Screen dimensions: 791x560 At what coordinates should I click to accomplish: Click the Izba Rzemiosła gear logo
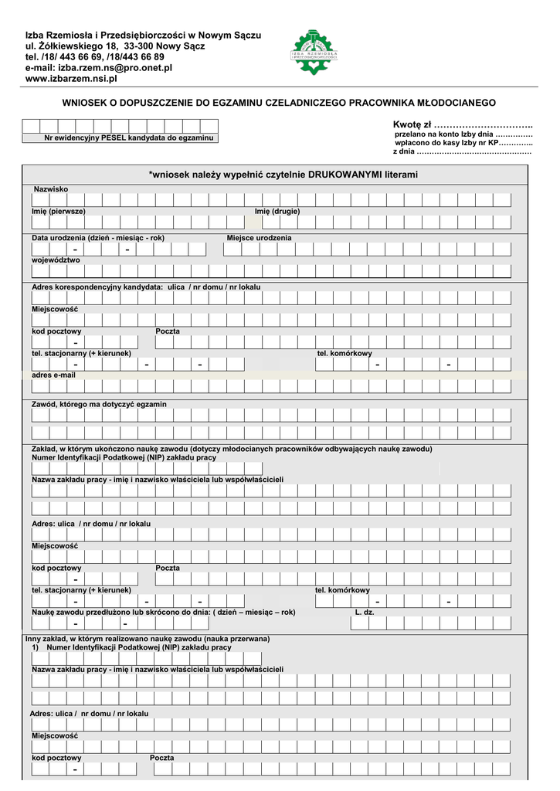(314, 52)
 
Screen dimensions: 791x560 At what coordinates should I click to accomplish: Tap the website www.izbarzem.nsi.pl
(71, 79)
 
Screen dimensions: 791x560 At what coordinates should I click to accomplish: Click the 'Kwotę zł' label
(412, 125)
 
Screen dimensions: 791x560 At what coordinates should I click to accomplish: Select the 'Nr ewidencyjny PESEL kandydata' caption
(128, 138)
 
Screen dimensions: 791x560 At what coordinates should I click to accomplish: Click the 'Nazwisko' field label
(51, 189)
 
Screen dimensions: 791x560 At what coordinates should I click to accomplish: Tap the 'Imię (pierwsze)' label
(59, 211)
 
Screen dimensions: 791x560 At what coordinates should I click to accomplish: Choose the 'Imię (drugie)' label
(277, 211)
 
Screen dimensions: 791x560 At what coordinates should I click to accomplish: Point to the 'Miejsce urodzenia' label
(259, 238)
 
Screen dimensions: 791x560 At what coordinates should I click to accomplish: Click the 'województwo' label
(56, 260)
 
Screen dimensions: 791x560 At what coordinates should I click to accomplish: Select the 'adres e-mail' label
(53, 375)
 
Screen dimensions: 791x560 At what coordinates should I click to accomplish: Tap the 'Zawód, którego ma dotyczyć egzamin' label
(99, 404)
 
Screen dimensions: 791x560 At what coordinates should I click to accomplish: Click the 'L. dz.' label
(365, 613)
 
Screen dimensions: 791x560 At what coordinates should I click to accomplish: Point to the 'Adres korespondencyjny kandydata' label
(97, 287)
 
